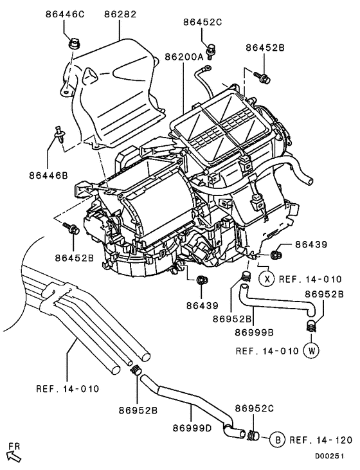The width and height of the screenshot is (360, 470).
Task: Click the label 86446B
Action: pyautogui.click(x=48, y=175)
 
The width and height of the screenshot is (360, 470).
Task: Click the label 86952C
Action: pyautogui.click(x=255, y=408)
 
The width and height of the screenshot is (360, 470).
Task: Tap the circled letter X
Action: pyautogui.click(x=267, y=279)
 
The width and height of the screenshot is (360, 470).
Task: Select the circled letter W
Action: pyautogui.click(x=312, y=351)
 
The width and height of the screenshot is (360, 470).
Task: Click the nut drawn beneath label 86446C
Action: pyautogui.click(x=73, y=44)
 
